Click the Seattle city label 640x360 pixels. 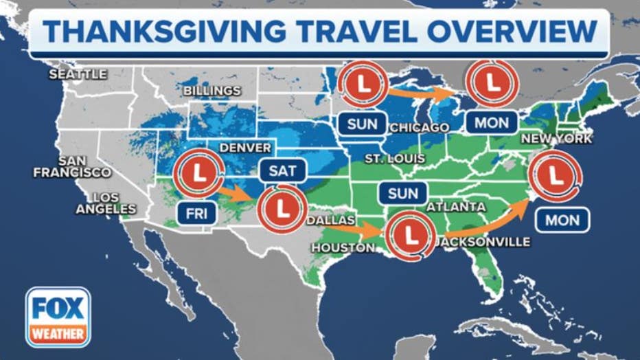point(78,74)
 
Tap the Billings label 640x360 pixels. point(212,91)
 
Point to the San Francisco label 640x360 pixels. point(71,166)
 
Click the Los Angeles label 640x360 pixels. point(106,203)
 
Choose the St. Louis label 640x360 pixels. point(395,159)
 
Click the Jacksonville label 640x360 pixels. point(483,242)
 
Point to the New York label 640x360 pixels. point(556,139)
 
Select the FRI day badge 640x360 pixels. point(196,214)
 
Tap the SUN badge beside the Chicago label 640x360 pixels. point(362,124)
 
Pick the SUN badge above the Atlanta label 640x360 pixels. point(402,194)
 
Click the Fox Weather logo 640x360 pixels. point(58,317)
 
